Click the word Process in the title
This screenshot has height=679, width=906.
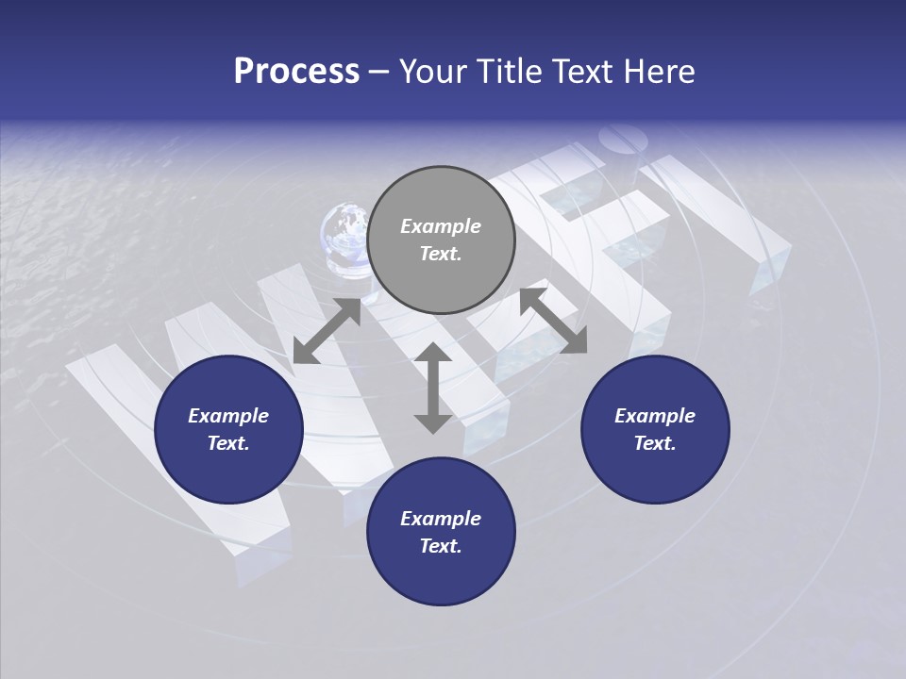tap(296, 72)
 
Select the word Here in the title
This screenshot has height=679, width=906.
tap(662, 72)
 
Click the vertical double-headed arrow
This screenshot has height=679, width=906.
tap(433, 388)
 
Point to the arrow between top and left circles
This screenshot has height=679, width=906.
tap(327, 331)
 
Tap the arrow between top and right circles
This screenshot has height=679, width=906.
tap(553, 321)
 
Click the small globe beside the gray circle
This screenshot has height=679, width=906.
tap(345, 231)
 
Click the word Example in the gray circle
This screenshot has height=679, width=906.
tap(441, 226)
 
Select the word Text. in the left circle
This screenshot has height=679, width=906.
tap(228, 443)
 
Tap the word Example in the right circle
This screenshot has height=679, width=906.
tap(655, 416)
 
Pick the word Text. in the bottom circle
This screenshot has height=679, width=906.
tap(441, 546)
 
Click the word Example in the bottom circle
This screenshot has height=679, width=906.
tap(441, 519)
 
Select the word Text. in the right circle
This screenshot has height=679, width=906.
tap(655, 443)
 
